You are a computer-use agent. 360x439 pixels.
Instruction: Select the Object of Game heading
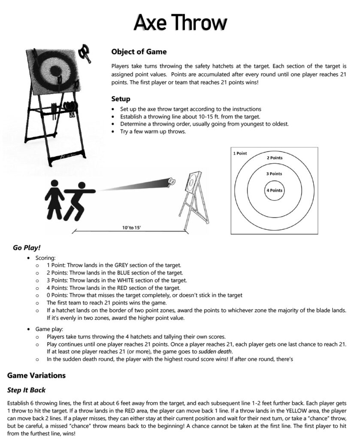139,52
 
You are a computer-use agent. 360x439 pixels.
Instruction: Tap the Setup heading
121,99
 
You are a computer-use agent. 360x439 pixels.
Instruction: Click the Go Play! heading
27,248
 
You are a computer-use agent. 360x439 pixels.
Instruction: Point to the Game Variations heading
36,376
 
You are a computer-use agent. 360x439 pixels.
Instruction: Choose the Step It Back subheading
26,390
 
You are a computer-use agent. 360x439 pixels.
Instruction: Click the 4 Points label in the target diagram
275,190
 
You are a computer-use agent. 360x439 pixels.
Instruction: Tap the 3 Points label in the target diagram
274,174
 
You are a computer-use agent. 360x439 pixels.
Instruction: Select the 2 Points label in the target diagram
275,158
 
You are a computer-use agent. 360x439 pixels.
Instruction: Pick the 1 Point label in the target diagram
240,153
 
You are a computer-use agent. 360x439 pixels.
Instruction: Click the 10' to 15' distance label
131,228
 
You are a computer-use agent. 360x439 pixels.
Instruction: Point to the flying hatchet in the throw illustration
172,182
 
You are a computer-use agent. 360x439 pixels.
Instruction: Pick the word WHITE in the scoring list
126,280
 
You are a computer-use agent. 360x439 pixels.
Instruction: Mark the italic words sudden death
215,352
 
